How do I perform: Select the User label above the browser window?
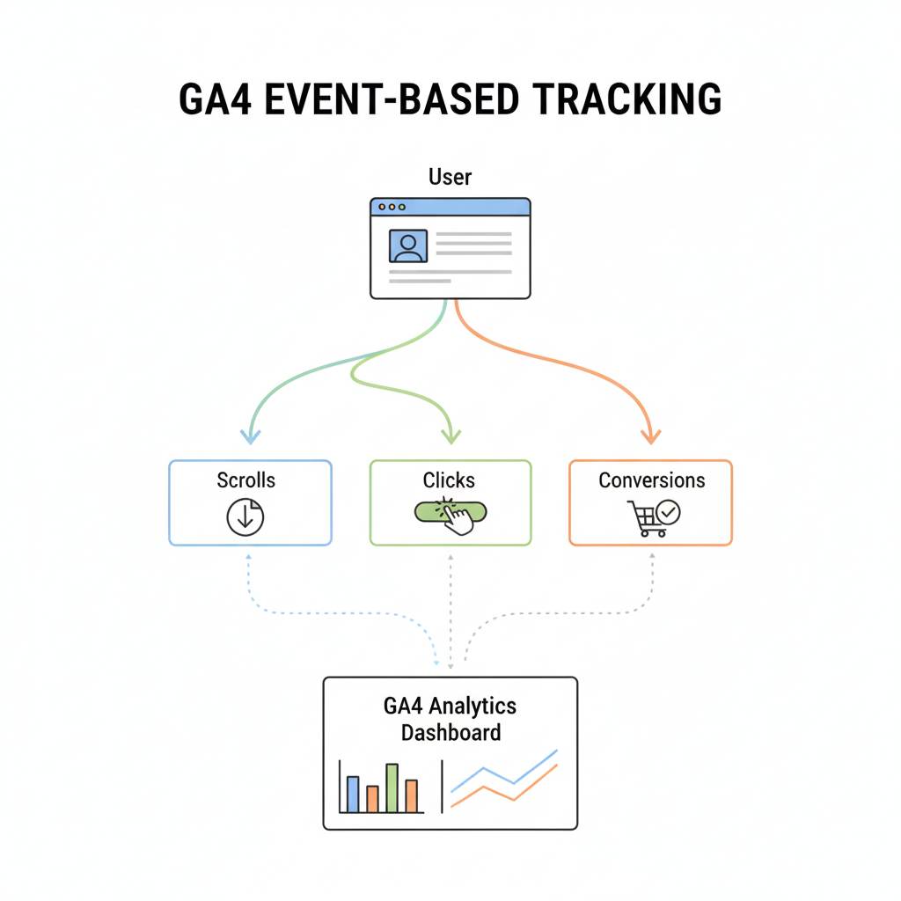click(450, 177)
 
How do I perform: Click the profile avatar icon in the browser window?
click(407, 245)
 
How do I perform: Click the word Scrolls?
click(245, 480)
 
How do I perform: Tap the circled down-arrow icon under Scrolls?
click(245, 517)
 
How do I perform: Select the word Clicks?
click(449, 480)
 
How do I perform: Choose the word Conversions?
click(651, 480)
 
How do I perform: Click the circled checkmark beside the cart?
click(669, 511)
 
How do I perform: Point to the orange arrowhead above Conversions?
click(650, 435)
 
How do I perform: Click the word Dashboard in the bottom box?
click(450, 732)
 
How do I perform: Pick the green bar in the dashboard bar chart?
click(392, 787)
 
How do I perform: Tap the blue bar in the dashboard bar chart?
click(353, 794)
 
